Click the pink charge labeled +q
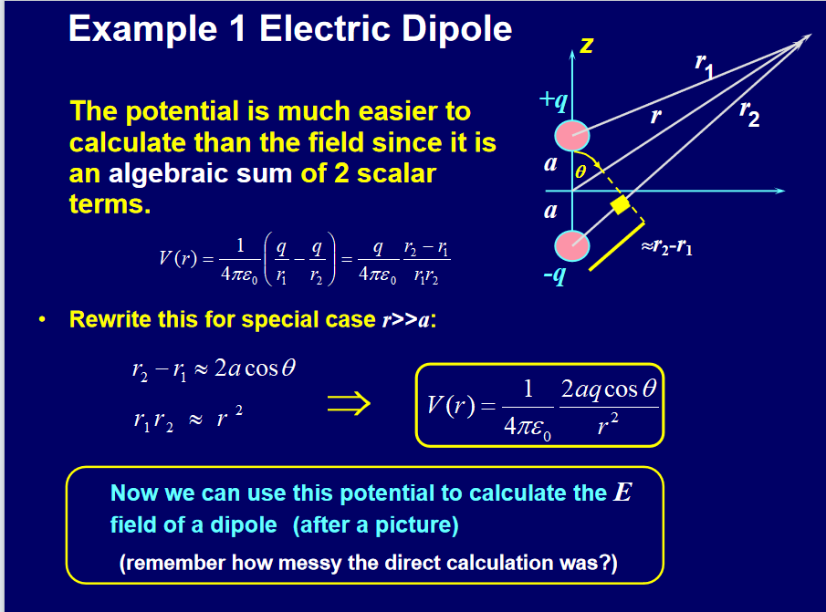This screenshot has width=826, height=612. click(572, 136)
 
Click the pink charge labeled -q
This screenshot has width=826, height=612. click(572, 245)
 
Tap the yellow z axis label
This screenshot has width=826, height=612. click(586, 46)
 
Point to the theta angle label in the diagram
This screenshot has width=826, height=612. click(580, 172)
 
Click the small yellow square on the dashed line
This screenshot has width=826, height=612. click(620, 204)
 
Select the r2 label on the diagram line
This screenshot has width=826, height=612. click(749, 113)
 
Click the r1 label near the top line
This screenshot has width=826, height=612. click(705, 66)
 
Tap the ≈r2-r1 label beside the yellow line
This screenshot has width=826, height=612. click(666, 246)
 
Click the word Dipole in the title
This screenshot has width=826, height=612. click(455, 28)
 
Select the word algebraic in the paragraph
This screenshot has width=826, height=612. click(168, 174)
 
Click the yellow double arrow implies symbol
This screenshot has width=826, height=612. click(349, 404)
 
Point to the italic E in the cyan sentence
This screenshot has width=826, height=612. click(622, 493)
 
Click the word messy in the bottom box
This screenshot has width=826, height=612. click(309, 563)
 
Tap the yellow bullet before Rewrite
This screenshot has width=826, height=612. click(42, 319)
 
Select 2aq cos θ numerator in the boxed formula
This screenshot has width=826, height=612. click(609, 389)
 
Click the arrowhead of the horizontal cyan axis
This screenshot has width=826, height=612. click(780, 191)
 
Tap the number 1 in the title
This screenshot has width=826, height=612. click(238, 28)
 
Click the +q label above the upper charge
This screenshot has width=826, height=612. click(554, 100)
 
